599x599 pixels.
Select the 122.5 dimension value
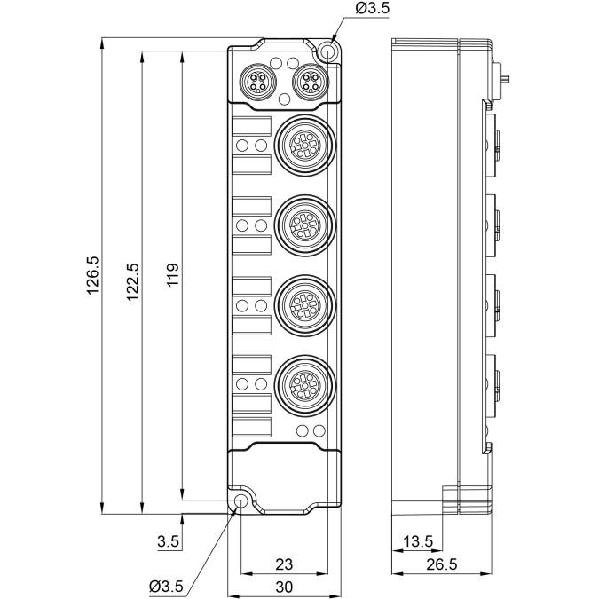[133, 282]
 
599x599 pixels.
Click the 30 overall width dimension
[283, 587]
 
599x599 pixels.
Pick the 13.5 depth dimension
[417, 541]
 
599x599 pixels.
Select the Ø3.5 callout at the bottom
[166, 586]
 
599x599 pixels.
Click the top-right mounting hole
[328, 52]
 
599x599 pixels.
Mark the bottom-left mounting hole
[241, 502]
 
